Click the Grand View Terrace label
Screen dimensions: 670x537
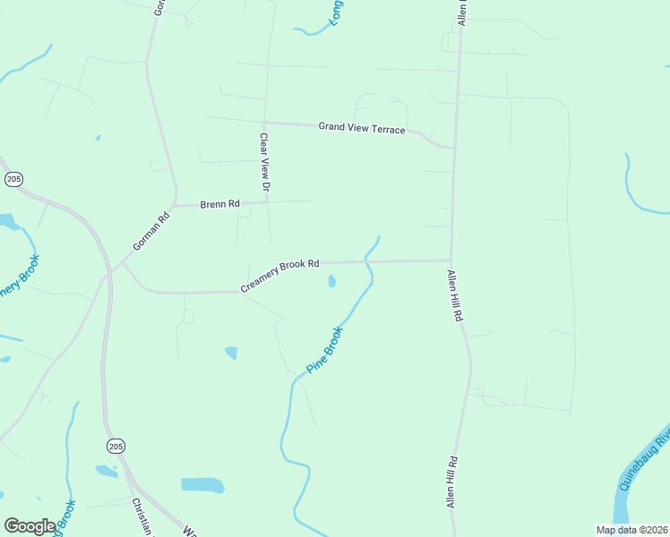click(x=362, y=128)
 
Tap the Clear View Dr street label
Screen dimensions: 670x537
click(x=264, y=163)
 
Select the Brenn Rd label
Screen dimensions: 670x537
click(x=219, y=204)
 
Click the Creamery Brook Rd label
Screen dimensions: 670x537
click(x=279, y=277)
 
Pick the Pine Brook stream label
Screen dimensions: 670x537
click(x=325, y=350)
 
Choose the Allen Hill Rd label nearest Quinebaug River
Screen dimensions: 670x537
click(x=453, y=482)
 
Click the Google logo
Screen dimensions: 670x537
click(x=30, y=526)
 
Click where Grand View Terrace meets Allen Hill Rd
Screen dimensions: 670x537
click(x=454, y=147)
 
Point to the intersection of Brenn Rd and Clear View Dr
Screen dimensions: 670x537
click(x=267, y=202)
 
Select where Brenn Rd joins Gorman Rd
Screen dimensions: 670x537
click(x=176, y=205)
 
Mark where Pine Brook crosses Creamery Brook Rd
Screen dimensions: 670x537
click(x=367, y=261)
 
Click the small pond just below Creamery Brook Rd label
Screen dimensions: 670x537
click(x=332, y=282)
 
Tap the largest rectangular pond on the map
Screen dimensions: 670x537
click(x=202, y=484)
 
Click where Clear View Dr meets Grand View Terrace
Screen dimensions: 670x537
click(x=265, y=124)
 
